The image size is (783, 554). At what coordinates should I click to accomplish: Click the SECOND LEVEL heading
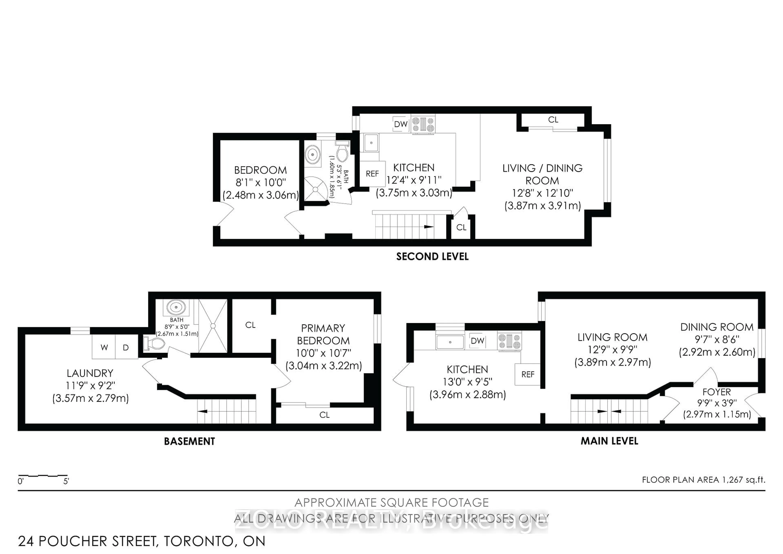click(x=432, y=257)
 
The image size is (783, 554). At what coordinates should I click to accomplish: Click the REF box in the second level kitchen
click(x=372, y=174)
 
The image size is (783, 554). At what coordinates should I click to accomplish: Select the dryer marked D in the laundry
click(x=126, y=347)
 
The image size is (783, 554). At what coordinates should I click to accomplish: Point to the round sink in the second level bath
click(x=312, y=155)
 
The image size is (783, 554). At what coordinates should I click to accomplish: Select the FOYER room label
click(x=717, y=392)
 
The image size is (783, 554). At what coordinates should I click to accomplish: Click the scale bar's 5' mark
click(x=66, y=481)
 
